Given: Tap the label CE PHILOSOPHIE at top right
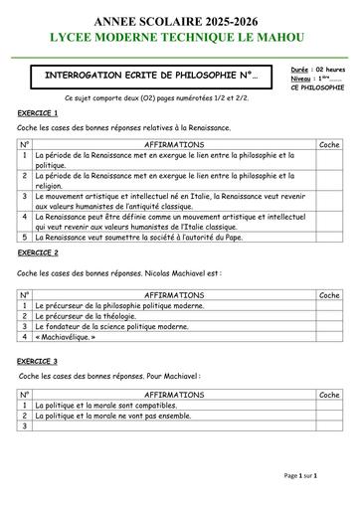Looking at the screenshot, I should pos(317,88).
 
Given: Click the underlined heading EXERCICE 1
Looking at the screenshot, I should pos(38,114).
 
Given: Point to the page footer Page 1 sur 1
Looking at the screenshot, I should pos(301,476).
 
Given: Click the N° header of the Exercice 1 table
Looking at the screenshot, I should pos(25,145).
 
